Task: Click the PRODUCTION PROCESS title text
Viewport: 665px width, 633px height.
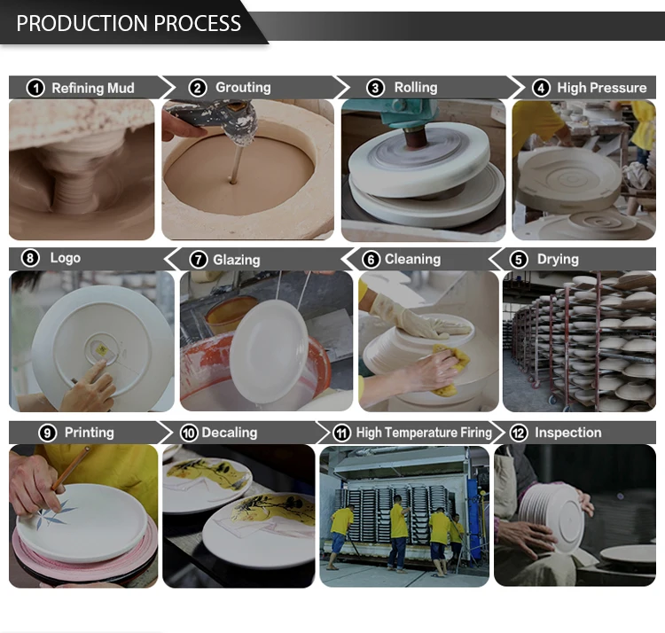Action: point(129,23)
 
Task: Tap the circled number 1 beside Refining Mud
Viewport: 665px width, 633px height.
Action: point(35,88)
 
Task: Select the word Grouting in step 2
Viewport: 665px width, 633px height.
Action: point(243,88)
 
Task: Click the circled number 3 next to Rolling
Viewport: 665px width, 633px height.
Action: point(375,88)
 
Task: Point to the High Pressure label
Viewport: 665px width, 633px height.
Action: point(602,88)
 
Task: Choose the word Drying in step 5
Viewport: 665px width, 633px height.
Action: point(558,259)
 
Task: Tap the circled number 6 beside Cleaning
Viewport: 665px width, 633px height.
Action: point(372,260)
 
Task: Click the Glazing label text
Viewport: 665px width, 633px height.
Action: point(236,260)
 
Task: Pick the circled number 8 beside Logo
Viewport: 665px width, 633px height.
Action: point(30,258)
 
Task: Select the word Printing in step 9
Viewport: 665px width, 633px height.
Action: point(89,433)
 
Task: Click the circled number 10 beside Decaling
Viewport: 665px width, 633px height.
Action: point(189,433)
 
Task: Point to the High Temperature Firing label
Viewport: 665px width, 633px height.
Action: point(424,433)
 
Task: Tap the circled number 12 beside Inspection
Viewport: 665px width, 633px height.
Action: point(519,433)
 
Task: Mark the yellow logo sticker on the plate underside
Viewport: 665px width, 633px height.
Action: point(102,350)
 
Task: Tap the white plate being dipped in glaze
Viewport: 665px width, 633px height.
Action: point(269,350)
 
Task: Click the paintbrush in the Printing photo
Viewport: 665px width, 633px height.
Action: point(71,467)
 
